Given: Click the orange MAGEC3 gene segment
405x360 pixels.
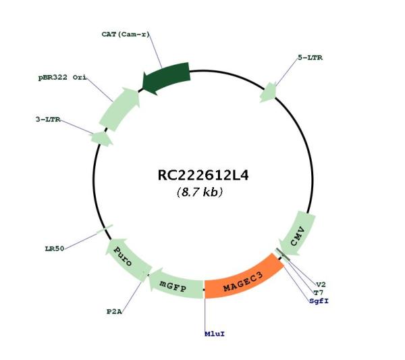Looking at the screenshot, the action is (243, 280).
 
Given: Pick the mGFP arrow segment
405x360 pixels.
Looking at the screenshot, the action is (176, 284).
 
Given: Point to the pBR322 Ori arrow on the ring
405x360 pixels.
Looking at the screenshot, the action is (120, 109).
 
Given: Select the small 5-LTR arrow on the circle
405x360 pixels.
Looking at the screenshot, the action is (269, 93).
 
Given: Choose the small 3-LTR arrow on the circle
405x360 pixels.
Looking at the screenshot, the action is (101, 138).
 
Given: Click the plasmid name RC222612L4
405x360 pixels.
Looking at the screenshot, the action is (203, 176).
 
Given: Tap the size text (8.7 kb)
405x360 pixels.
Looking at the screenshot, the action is (200, 192).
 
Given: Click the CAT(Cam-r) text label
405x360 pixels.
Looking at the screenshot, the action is (126, 34).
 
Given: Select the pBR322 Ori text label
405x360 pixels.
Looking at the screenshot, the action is (62, 78).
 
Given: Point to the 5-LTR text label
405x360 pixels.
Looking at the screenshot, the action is (310, 57).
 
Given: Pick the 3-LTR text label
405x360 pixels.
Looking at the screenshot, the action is (48, 120).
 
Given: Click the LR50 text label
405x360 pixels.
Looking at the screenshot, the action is (55, 249).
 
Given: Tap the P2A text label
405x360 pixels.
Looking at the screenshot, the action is (114, 311).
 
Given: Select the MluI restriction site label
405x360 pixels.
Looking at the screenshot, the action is (215, 334).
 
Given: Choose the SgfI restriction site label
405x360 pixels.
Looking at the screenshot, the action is (319, 301).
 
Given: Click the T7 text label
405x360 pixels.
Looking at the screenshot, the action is (318, 293).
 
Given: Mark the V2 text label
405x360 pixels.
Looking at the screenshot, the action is (321, 285).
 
